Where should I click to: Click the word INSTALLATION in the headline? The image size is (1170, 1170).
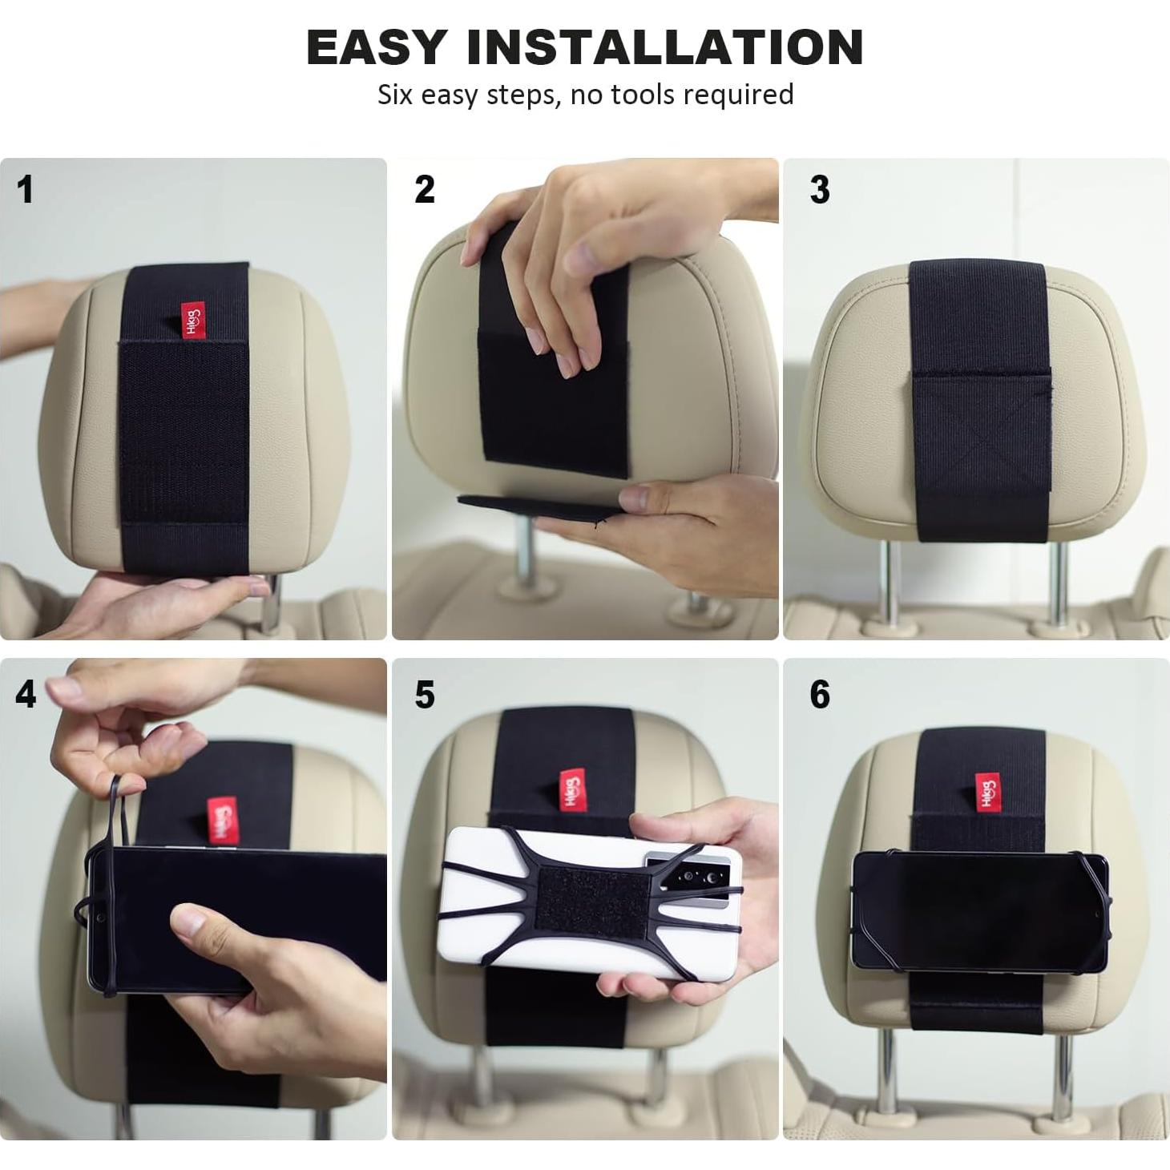(x=664, y=47)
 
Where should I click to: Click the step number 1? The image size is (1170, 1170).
(x=26, y=191)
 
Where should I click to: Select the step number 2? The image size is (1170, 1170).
(x=425, y=190)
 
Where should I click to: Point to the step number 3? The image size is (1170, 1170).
(x=819, y=190)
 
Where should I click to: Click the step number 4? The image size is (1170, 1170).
(x=26, y=694)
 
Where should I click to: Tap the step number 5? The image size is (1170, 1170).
(x=425, y=695)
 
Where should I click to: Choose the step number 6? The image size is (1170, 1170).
(x=819, y=694)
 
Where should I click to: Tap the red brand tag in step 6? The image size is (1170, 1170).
(x=987, y=793)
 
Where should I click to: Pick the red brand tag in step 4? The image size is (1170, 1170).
(x=222, y=819)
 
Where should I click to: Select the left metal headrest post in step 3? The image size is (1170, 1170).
(x=888, y=581)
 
